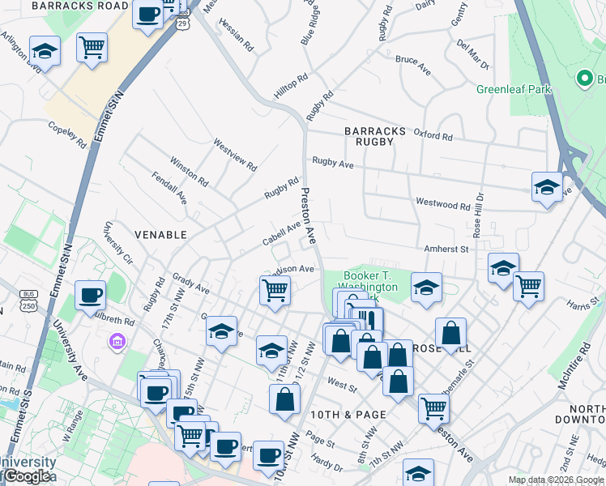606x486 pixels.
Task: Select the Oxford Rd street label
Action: point(432,134)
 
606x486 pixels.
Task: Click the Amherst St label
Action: point(446,249)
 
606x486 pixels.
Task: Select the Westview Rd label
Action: point(235,155)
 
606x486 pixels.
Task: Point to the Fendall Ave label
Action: point(169,186)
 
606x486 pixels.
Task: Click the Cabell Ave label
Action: point(281,235)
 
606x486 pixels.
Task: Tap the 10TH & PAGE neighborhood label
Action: point(355,414)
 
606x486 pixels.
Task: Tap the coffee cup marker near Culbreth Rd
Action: point(90,295)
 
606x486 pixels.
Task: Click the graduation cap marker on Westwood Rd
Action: point(547,187)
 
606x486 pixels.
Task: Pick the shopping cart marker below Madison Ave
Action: point(275,289)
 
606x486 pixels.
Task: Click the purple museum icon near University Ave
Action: point(117,341)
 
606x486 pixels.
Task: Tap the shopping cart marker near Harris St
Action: point(528,285)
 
